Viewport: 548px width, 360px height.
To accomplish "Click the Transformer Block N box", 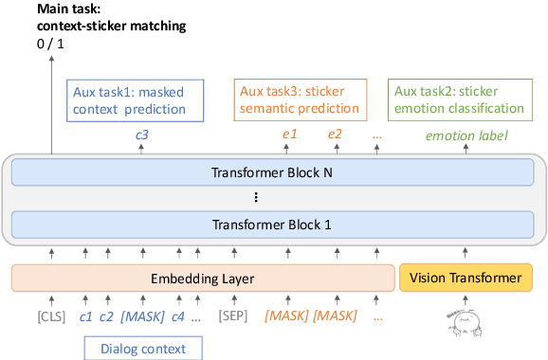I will [x=273, y=172].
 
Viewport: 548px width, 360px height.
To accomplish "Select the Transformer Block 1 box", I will [x=273, y=225].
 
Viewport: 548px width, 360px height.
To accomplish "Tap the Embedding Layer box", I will [x=203, y=278].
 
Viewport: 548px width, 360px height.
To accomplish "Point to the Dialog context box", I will [x=142, y=348].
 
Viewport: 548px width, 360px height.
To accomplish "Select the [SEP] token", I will [x=234, y=315].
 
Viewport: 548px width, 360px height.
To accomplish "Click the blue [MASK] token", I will [x=142, y=315].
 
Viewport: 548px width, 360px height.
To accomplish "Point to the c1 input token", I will [x=85, y=315].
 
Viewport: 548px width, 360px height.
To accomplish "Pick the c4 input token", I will [x=177, y=315].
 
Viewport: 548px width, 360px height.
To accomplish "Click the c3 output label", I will [x=141, y=135].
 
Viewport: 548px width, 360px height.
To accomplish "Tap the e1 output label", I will [x=289, y=135].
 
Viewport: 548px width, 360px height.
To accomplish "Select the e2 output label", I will [x=335, y=135].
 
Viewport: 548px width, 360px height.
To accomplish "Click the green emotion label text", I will [x=466, y=135].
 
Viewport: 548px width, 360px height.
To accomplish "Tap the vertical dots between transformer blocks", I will [x=256, y=199].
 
